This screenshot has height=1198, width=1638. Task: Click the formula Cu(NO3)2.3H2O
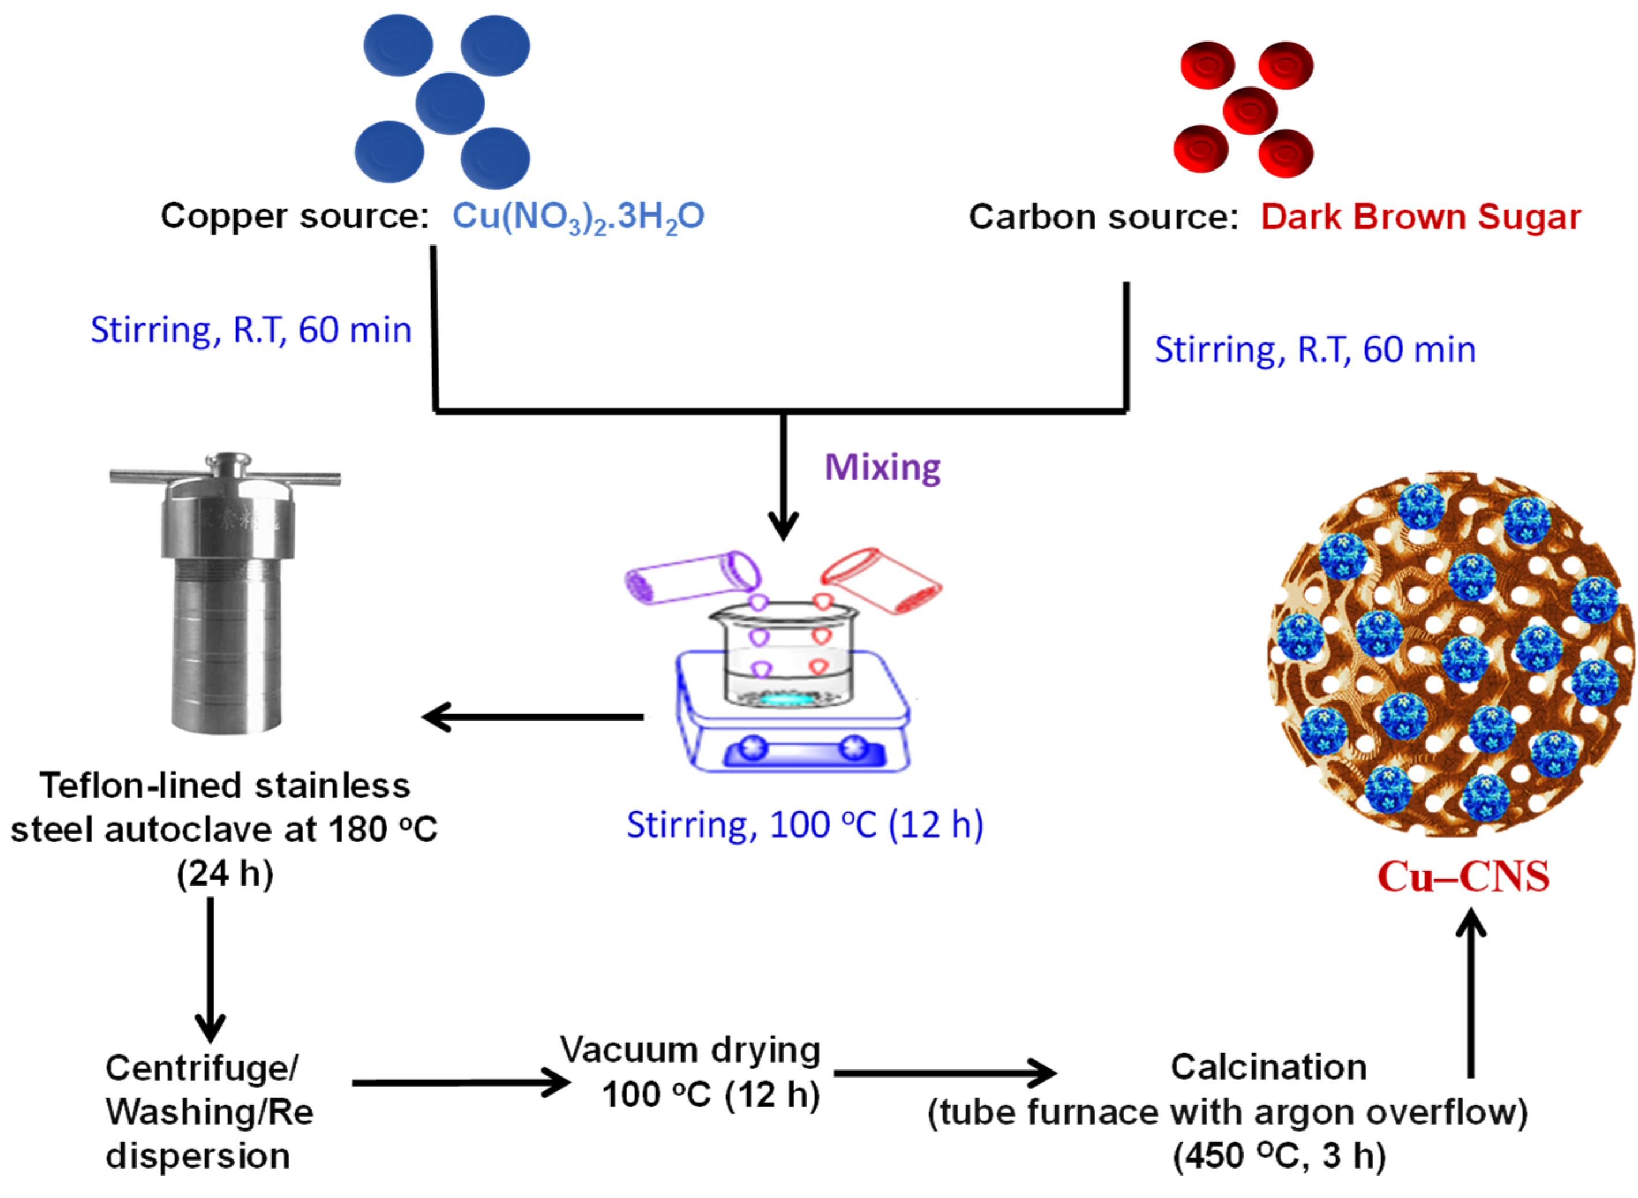pos(578,216)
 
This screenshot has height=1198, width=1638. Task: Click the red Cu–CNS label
pos(1463,876)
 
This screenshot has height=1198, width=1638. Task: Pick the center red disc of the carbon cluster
pos(1249,110)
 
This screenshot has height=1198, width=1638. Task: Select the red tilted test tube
pos(881,580)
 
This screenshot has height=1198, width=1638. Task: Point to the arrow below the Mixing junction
pos(783,479)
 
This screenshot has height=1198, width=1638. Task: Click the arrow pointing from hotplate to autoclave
pos(533,717)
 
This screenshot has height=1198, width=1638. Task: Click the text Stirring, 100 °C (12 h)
pos(805,825)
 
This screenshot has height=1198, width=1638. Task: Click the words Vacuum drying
pos(690,1050)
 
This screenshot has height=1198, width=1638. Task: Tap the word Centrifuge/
pos(202,1068)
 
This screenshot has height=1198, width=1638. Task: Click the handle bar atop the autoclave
pos(225,478)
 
